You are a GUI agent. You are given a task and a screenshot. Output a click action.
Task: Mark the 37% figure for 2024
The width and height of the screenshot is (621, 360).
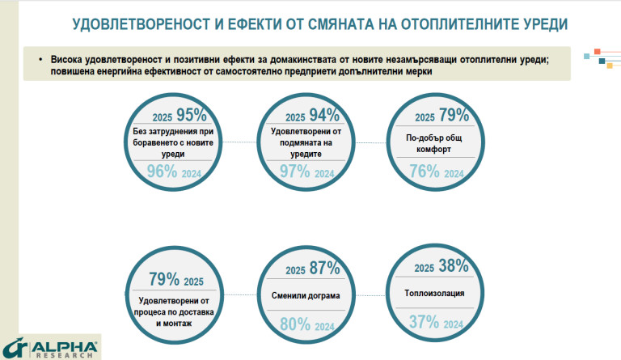click(x=425, y=322)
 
